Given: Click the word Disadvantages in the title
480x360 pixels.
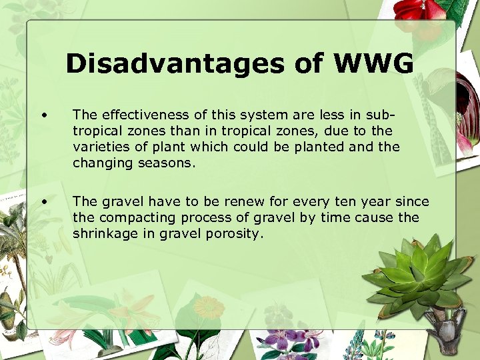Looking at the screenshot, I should [x=173, y=64].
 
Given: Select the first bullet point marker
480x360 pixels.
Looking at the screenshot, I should [x=43, y=113].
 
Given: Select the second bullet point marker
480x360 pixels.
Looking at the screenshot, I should [x=43, y=201].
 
